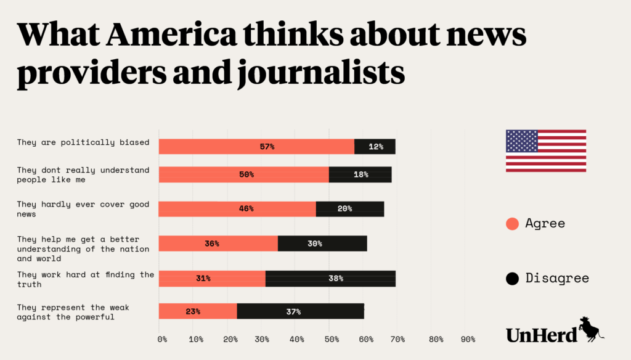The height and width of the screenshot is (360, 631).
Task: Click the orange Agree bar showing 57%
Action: (256, 147)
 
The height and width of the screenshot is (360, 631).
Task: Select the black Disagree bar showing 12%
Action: (375, 147)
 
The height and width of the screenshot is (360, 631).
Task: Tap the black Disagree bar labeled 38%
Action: (330, 278)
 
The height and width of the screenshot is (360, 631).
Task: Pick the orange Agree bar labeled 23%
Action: (198, 311)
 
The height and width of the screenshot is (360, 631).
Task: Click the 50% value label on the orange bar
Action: (246, 174)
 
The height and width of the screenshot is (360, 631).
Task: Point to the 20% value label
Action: (345, 208)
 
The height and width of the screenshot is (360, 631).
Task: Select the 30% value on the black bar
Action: (315, 243)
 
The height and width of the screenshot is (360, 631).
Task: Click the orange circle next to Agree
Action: (512, 224)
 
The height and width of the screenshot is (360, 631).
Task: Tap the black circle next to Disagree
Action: (512, 279)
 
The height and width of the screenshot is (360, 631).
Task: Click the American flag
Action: (545, 151)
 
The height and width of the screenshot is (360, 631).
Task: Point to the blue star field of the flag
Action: (522, 141)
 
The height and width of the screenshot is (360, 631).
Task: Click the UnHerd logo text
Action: (542, 333)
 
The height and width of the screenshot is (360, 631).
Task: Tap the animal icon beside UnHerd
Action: (590, 329)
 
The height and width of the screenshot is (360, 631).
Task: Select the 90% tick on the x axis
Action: (468, 339)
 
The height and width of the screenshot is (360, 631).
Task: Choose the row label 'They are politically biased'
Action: (83, 142)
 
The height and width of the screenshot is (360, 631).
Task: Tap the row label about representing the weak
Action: (73, 312)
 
